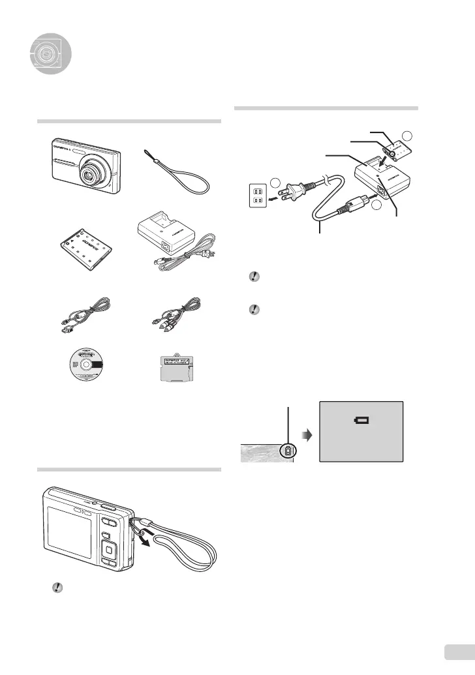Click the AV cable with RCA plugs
(x=174, y=312)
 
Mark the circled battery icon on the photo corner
(x=288, y=451)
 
